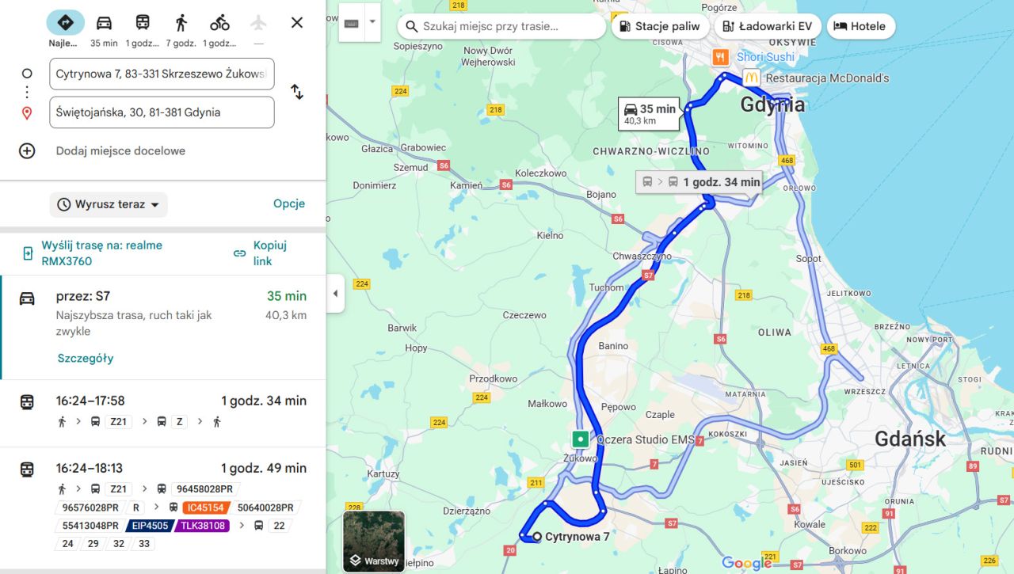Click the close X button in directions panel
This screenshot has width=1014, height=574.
pos(297,23)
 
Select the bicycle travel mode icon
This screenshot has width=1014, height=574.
pos(219,23)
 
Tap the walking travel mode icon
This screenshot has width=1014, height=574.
pos(181,23)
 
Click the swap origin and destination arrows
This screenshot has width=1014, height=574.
pos(297,92)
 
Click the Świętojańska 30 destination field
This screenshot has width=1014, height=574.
pos(162,112)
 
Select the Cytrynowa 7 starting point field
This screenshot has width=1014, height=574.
pos(162,74)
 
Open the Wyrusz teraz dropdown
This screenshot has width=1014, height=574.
pos(109,204)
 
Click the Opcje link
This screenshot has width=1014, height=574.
pos(289,203)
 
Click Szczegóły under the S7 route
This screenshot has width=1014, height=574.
pos(86,358)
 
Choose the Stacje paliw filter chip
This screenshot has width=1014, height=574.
pos(659,26)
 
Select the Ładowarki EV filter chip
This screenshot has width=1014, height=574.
pos(767,26)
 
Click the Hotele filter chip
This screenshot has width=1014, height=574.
pos(860,26)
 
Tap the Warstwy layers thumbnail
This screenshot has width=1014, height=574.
pos(374,541)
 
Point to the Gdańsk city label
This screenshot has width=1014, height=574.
pos(909,439)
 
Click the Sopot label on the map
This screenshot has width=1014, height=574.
pos(808,258)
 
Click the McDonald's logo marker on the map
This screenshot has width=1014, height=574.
pos(751,78)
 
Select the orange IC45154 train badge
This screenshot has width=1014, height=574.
pos(204,507)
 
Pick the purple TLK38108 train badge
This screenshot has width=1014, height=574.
pos(202,526)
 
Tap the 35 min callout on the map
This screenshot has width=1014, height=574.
pos(649,114)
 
